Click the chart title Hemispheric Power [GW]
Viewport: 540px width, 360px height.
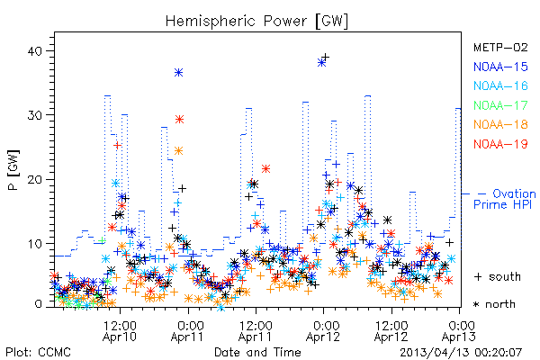[x=256, y=22]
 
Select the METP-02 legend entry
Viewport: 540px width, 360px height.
[x=500, y=47]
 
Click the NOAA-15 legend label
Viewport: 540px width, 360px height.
[x=500, y=67]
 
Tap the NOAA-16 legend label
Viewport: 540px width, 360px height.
[x=500, y=85]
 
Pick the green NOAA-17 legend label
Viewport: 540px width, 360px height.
[x=500, y=105]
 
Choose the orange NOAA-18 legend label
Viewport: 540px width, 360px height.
[x=500, y=124]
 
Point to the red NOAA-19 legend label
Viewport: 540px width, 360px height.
[x=500, y=144]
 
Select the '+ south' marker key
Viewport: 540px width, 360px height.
[x=498, y=276]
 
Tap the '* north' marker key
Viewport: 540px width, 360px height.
[x=494, y=304]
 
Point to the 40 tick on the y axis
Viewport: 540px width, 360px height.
[x=35, y=51]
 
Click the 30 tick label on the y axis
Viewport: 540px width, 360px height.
[x=35, y=115]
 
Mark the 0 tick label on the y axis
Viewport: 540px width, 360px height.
[x=39, y=304]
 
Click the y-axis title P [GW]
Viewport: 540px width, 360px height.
[x=13, y=170]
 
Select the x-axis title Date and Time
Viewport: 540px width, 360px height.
[x=257, y=352]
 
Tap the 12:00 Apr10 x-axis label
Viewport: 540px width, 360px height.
[x=120, y=330]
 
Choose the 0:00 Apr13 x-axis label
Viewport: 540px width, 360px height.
[x=459, y=330]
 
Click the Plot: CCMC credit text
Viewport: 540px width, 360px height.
[x=38, y=352]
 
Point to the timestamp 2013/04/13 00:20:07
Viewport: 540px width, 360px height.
[x=461, y=353]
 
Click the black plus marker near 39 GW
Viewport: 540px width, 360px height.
[x=325, y=58]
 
